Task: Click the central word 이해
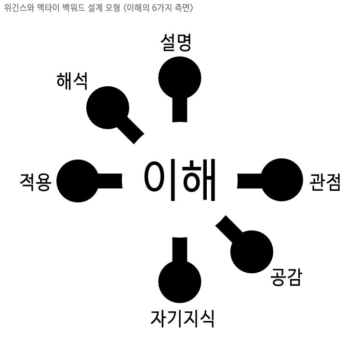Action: [179, 180]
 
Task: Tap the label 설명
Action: [176, 43]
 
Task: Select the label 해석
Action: [72, 81]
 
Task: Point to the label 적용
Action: [35, 182]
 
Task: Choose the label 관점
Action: [325, 182]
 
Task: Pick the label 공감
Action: [286, 277]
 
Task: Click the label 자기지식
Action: [182, 318]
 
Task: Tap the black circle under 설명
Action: [180, 77]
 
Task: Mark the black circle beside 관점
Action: [281, 180]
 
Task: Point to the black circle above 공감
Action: [252, 252]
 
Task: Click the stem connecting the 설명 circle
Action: [180, 110]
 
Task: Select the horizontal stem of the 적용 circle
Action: [110, 180]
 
